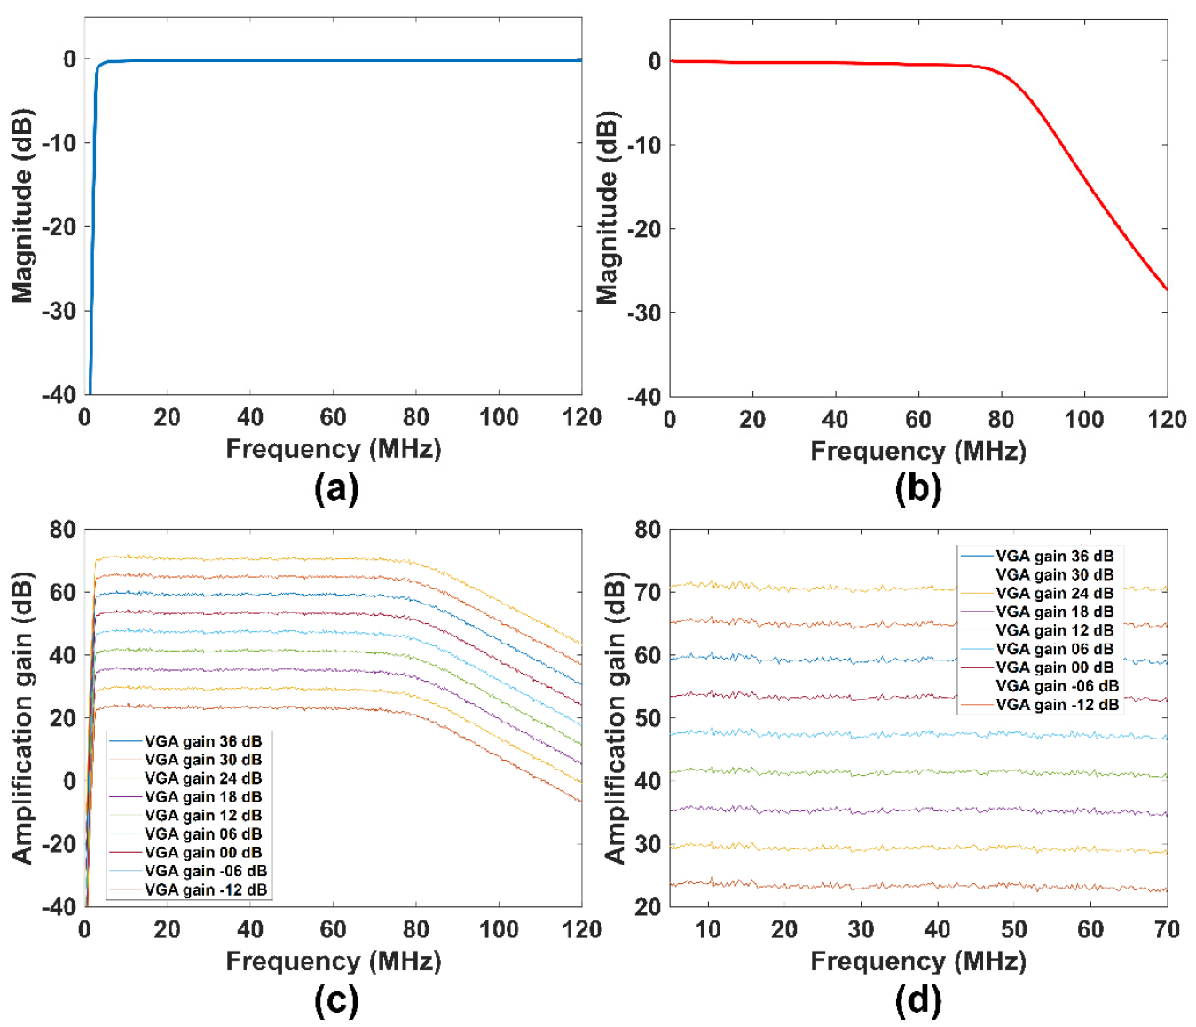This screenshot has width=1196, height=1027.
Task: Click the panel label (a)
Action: (x=336, y=488)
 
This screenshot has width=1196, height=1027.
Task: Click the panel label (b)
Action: (x=918, y=488)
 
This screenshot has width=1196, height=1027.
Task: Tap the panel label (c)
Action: (x=336, y=1000)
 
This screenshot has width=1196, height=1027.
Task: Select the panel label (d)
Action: (x=918, y=1000)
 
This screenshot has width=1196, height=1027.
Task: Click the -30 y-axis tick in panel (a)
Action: (x=59, y=311)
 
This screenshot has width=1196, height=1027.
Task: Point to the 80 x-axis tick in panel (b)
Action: (x=1001, y=419)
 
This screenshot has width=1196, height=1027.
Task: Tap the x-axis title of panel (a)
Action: (x=333, y=449)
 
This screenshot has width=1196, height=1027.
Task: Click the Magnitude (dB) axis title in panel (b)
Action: (x=607, y=209)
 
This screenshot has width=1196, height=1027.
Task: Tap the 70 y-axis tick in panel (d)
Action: (x=648, y=592)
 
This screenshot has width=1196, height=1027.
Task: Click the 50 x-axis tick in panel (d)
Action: (x=1014, y=929)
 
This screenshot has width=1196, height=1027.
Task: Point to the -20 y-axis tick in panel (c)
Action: (x=59, y=844)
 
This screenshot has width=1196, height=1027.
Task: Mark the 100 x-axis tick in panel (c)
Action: (x=499, y=929)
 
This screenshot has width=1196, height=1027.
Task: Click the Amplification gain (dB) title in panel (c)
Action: (x=22, y=717)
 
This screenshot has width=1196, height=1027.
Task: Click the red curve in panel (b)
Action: (x=1082, y=178)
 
